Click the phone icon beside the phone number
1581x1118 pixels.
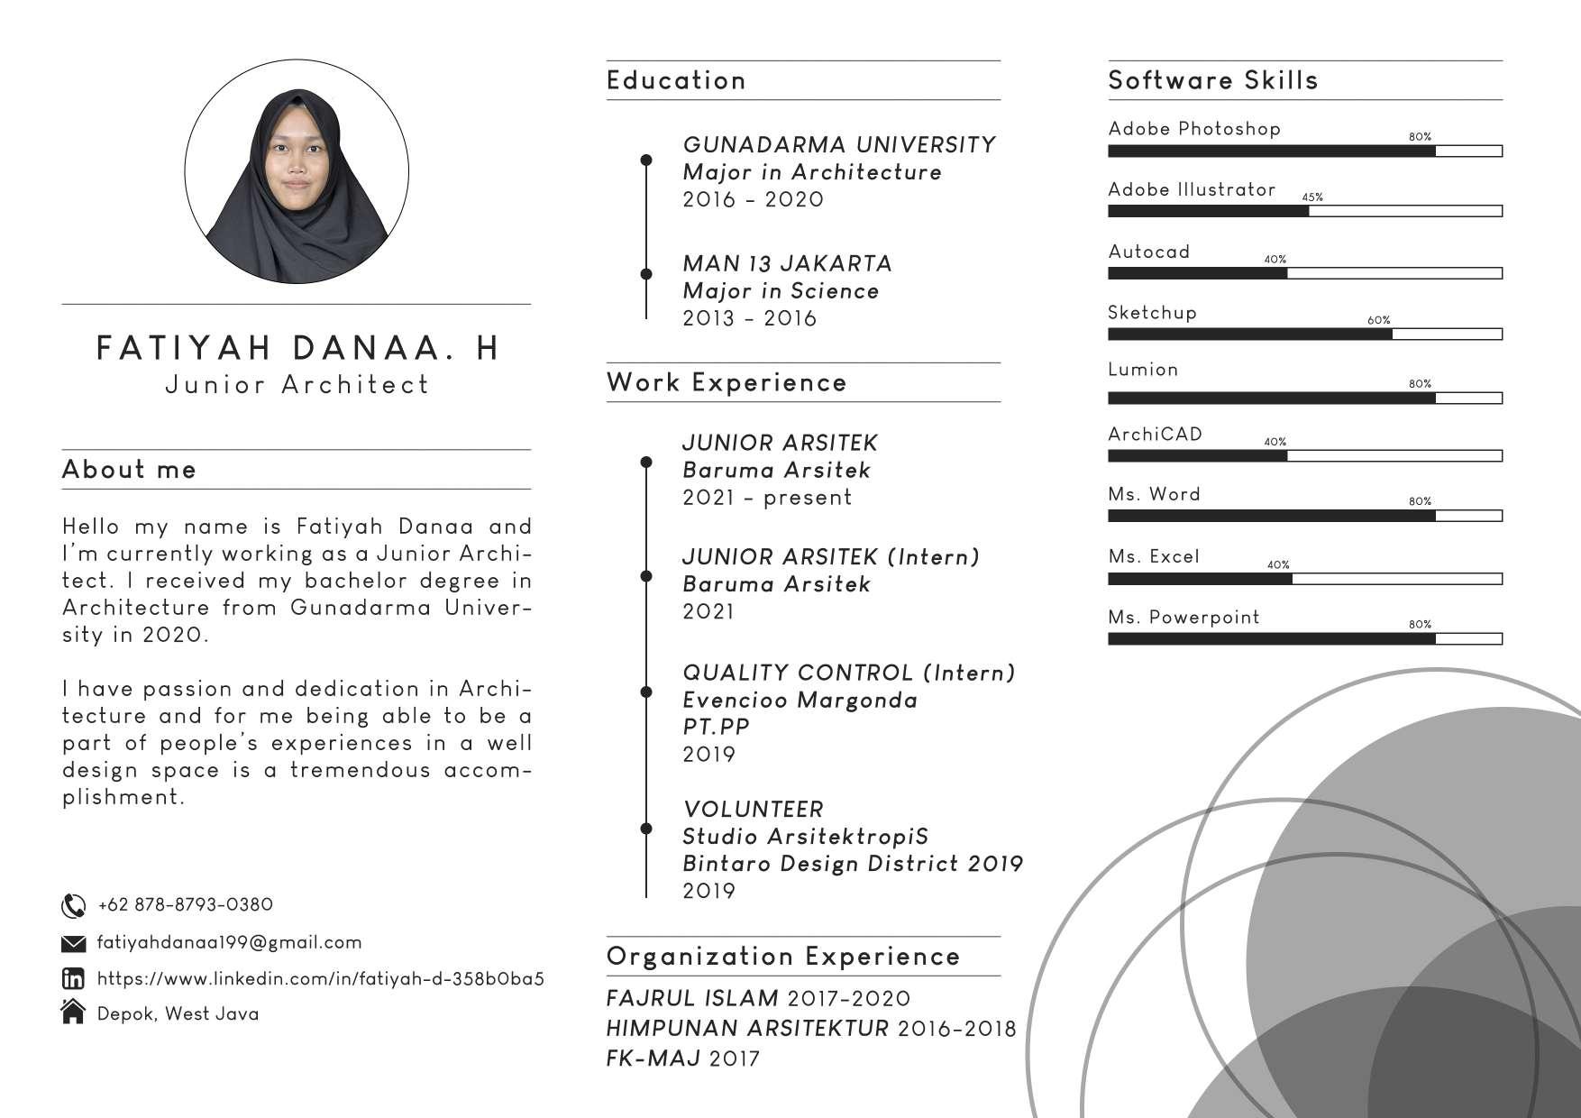click(x=73, y=905)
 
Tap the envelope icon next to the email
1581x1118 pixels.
click(x=73, y=943)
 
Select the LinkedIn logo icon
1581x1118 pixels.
click(x=73, y=978)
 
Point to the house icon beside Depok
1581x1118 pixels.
click(x=73, y=1013)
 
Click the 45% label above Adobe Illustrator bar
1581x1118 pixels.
click(x=1312, y=197)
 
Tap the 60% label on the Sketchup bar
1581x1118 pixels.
click(x=1379, y=320)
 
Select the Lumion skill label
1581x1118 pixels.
click(x=1143, y=370)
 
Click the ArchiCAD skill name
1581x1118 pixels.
click(x=1155, y=435)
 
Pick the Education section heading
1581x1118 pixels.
click(x=676, y=80)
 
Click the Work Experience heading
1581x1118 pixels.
click(x=727, y=382)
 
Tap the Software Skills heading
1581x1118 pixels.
click(x=1212, y=80)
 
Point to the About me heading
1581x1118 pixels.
click(x=129, y=469)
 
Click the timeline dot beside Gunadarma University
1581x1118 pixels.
click(x=646, y=160)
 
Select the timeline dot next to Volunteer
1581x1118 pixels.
click(x=646, y=828)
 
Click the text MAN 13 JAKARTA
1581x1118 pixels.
click(x=787, y=263)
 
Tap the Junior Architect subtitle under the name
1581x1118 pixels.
click(x=297, y=385)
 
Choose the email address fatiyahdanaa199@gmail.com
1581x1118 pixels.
click(x=229, y=943)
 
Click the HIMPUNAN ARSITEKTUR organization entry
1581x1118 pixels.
click(x=747, y=1029)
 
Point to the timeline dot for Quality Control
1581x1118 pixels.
click(x=646, y=692)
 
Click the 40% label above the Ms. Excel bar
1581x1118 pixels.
click(x=1278, y=565)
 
